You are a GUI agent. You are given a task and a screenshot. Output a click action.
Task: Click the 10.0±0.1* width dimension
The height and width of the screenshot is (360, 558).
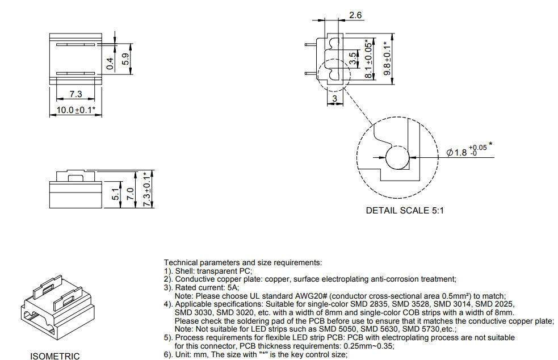point(76,110)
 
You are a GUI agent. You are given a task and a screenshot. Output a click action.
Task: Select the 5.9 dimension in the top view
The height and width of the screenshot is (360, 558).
point(125,59)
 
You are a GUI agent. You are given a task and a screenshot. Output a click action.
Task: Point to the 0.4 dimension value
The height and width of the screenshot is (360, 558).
point(110,64)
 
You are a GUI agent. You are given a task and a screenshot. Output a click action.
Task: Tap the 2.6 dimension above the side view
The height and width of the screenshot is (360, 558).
point(355,15)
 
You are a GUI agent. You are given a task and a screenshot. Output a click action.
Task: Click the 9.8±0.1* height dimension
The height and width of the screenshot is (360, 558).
point(387,58)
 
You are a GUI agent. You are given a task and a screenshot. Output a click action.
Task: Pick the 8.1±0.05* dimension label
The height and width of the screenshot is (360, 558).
point(368,58)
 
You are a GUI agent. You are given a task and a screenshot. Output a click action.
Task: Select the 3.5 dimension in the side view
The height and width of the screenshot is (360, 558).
point(352,58)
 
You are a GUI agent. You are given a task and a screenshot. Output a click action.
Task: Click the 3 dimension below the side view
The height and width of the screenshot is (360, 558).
point(334,99)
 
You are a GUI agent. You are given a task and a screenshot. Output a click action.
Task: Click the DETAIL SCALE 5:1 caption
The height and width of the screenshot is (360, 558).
point(405,211)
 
